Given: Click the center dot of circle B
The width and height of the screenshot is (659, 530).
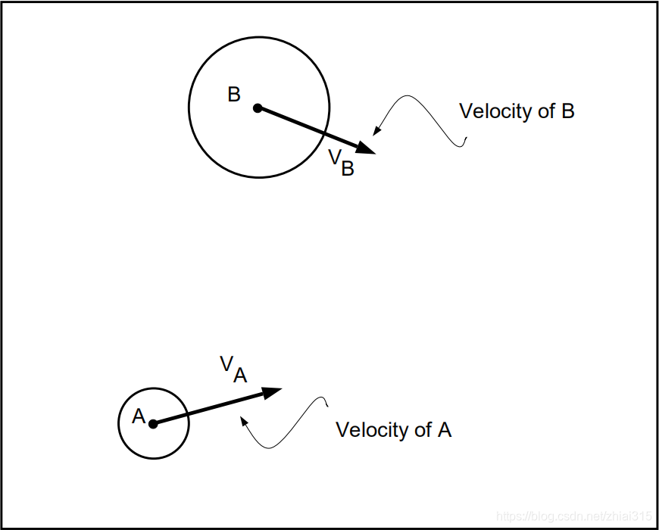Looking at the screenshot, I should pos(258,108).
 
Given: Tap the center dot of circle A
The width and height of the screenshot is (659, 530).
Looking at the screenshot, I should pos(153,424).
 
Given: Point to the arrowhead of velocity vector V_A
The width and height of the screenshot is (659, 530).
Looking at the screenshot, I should pos(273,391).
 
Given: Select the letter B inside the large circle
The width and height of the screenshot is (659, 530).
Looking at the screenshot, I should pos(234,95).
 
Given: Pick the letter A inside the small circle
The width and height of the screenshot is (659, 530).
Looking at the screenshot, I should pos(139,416).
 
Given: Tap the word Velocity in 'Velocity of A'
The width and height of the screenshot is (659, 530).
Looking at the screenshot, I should pos(372,430).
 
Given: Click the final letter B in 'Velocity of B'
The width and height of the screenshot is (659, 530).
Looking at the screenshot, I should pos(567,111).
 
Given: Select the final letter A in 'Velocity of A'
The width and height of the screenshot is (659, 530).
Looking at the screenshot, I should pos(445,430).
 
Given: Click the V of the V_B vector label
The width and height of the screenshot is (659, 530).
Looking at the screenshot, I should pos(334,157).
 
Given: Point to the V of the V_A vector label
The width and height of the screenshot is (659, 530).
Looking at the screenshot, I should pos(226,364).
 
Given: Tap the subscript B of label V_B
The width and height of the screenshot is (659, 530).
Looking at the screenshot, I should pos(348,168).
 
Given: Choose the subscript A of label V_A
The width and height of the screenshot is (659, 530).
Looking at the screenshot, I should pos(240,374).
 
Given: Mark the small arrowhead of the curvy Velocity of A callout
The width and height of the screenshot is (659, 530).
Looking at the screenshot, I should pos(243,420).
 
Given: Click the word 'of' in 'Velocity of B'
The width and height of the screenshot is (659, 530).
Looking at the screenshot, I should pos(546,111).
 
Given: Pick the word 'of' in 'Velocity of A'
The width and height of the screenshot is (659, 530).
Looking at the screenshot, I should pos(423,430).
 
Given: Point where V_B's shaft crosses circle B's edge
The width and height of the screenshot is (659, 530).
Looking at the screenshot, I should pos(324,133).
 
